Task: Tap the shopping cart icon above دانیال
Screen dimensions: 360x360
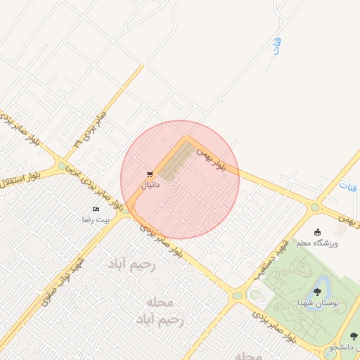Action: pyautogui.click(x=150, y=174)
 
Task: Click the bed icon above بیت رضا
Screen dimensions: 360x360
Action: pyautogui.click(x=96, y=209)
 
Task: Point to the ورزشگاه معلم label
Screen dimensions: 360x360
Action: pyautogui.click(x=335, y=243)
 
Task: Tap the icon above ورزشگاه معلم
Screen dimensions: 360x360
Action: pyautogui.click(x=317, y=233)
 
